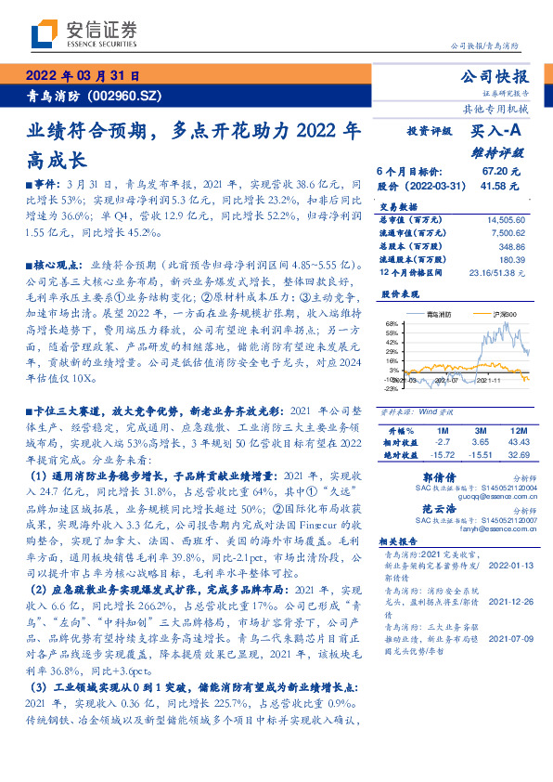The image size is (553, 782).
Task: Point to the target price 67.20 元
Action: pos(502,172)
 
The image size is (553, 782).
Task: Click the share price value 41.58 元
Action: pos(502,186)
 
